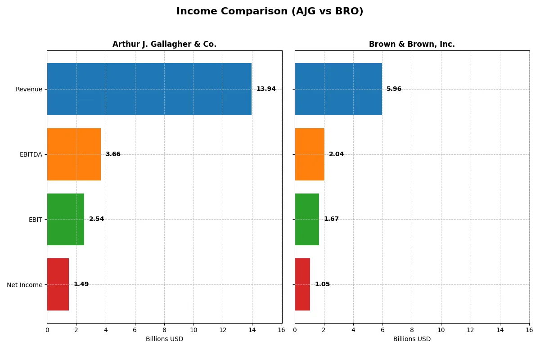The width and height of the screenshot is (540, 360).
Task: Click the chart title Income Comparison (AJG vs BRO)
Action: point(270,12)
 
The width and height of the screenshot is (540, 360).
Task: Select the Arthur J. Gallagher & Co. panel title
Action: point(164,44)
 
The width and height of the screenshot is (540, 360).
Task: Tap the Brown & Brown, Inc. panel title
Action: point(412,44)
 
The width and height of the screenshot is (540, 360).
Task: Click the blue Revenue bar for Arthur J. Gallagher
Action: point(149,89)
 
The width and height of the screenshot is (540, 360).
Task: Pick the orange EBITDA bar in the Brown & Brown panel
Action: point(310,154)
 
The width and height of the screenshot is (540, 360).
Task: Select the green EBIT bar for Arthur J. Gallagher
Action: point(66,219)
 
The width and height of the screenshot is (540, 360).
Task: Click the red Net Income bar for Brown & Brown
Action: point(302,284)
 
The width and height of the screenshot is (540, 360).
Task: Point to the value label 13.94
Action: point(266,89)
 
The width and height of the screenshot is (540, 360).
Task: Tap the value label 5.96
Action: point(394,89)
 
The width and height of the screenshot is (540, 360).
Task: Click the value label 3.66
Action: point(113,154)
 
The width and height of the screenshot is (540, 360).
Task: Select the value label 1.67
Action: point(331,219)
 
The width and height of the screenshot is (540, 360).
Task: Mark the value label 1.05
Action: point(322,284)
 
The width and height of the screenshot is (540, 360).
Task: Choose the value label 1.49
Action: point(81,284)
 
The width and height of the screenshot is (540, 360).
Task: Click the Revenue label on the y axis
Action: point(29,89)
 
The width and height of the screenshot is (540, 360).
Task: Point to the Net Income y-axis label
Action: point(24,285)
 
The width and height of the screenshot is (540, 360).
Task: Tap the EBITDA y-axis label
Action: point(31,154)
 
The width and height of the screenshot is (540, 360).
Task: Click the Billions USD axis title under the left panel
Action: point(164,339)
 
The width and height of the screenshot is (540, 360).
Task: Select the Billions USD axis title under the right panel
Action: point(412,339)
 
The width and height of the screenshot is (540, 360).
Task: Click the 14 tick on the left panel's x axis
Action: point(252,330)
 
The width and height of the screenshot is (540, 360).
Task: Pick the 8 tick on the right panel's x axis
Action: point(412,330)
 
